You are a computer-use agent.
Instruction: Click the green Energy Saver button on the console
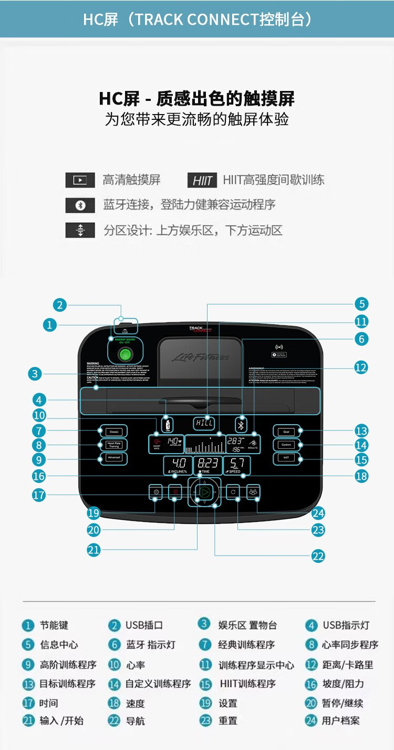[x=125, y=355]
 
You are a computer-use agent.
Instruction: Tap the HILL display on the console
[x=204, y=423]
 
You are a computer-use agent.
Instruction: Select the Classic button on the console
[x=113, y=431]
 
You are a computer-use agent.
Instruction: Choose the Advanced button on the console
[x=113, y=458]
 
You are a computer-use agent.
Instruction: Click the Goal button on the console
[x=286, y=431]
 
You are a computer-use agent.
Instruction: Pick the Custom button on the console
[x=286, y=445]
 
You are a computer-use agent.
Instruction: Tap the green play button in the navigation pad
[x=205, y=492]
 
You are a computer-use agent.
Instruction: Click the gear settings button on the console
[x=155, y=492]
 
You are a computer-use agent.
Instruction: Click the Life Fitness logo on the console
[x=201, y=358]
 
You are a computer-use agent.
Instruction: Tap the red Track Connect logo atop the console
[x=200, y=330]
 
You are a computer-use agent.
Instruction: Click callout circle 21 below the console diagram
[x=94, y=550]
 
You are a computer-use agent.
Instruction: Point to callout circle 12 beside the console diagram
[x=361, y=367]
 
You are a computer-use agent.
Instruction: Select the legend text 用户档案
[x=340, y=721]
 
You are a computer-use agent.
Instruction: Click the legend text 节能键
[x=54, y=625]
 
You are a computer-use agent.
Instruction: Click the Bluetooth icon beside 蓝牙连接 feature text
[x=80, y=205]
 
